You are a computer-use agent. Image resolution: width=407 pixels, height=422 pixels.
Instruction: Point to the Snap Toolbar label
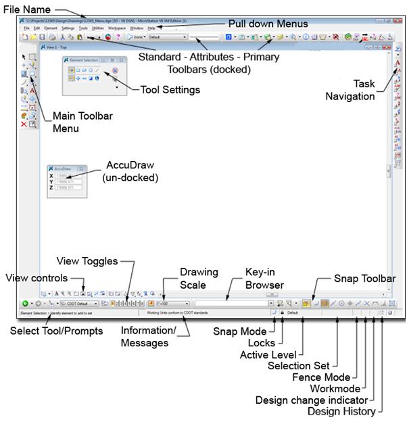(364, 278)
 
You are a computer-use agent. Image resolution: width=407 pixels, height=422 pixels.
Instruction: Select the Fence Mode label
(322, 377)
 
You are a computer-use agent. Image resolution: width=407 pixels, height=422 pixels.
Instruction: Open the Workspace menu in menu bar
(117, 28)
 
